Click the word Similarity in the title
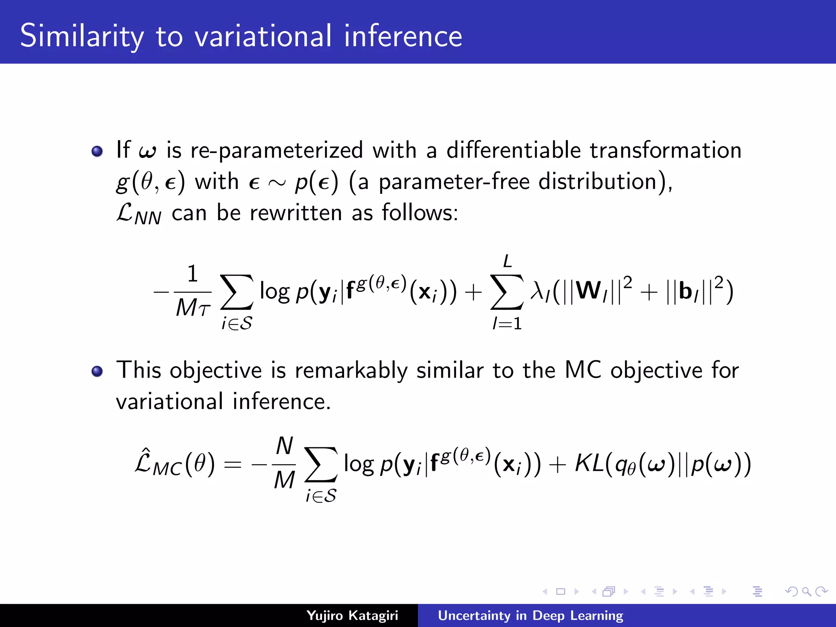(x=82, y=36)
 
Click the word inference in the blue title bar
(x=403, y=36)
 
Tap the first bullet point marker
(x=97, y=151)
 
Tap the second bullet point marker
(x=97, y=371)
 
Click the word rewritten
(x=296, y=213)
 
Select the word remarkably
(x=351, y=371)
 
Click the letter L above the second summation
(x=507, y=261)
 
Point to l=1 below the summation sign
(x=507, y=324)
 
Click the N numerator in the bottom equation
(x=285, y=446)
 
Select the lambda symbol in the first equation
(x=537, y=291)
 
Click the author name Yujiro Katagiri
(x=352, y=615)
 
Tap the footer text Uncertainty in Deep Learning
(x=530, y=615)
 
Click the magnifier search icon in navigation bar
(x=806, y=591)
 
